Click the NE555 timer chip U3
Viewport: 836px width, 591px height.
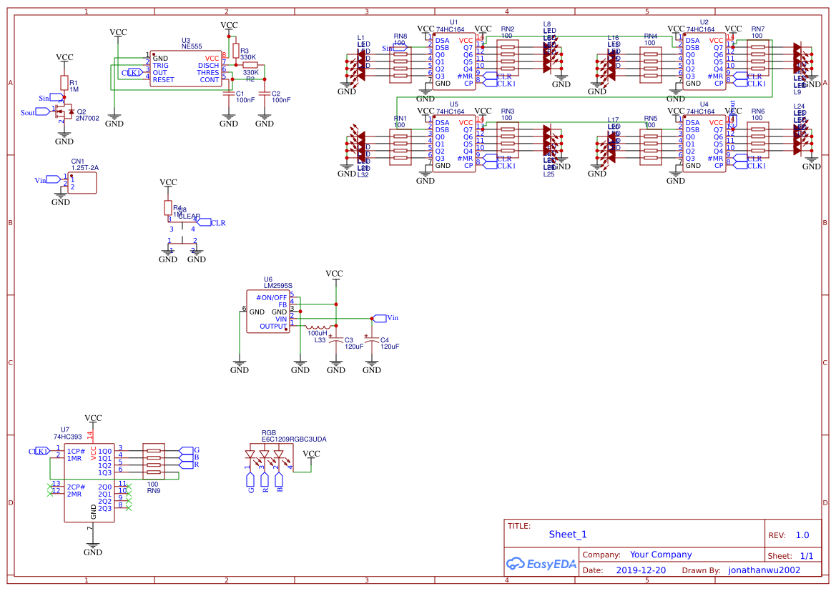click(x=186, y=69)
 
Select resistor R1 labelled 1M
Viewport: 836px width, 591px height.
click(x=64, y=82)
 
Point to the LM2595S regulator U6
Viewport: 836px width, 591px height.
click(x=267, y=312)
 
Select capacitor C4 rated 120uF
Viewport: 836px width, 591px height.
click(x=372, y=342)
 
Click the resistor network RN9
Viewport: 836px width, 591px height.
click(x=153, y=461)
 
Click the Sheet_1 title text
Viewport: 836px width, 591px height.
click(x=568, y=535)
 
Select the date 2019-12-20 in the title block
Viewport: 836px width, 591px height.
click(x=640, y=570)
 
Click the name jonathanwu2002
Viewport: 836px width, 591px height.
click(x=764, y=570)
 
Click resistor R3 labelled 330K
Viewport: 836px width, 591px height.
click(x=235, y=50)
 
